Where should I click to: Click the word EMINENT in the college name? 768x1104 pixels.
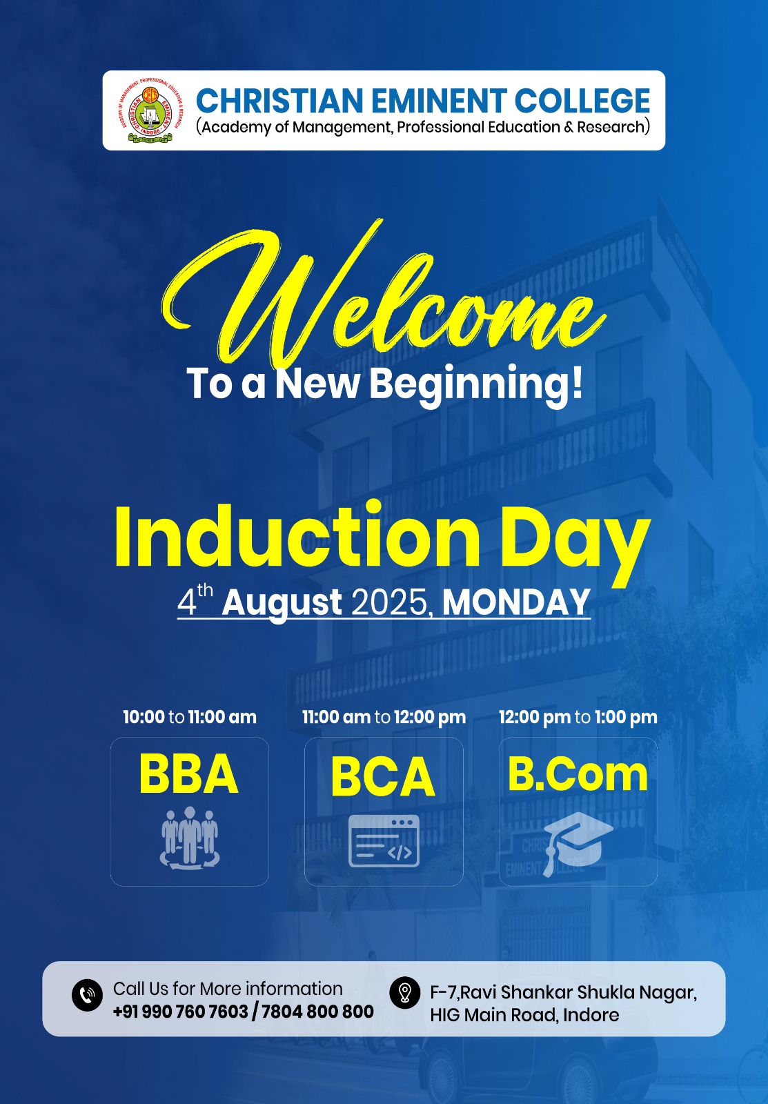tap(439, 101)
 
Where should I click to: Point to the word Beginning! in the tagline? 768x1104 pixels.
tap(476, 385)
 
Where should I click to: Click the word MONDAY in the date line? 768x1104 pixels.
tap(516, 602)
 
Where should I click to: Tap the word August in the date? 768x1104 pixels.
tap(282, 603)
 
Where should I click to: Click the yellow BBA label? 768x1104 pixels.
tap(189, 773)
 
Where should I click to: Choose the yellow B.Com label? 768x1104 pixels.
tap(578, 775)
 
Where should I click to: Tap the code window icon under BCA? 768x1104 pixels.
tap(384, 841)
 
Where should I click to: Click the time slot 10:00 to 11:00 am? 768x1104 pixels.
tap(190, 717)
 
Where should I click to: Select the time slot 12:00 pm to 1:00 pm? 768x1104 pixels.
tap(578, 717)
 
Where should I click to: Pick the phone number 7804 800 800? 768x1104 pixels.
tap(317, 1012)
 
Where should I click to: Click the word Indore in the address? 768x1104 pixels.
tap(591, 1015)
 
